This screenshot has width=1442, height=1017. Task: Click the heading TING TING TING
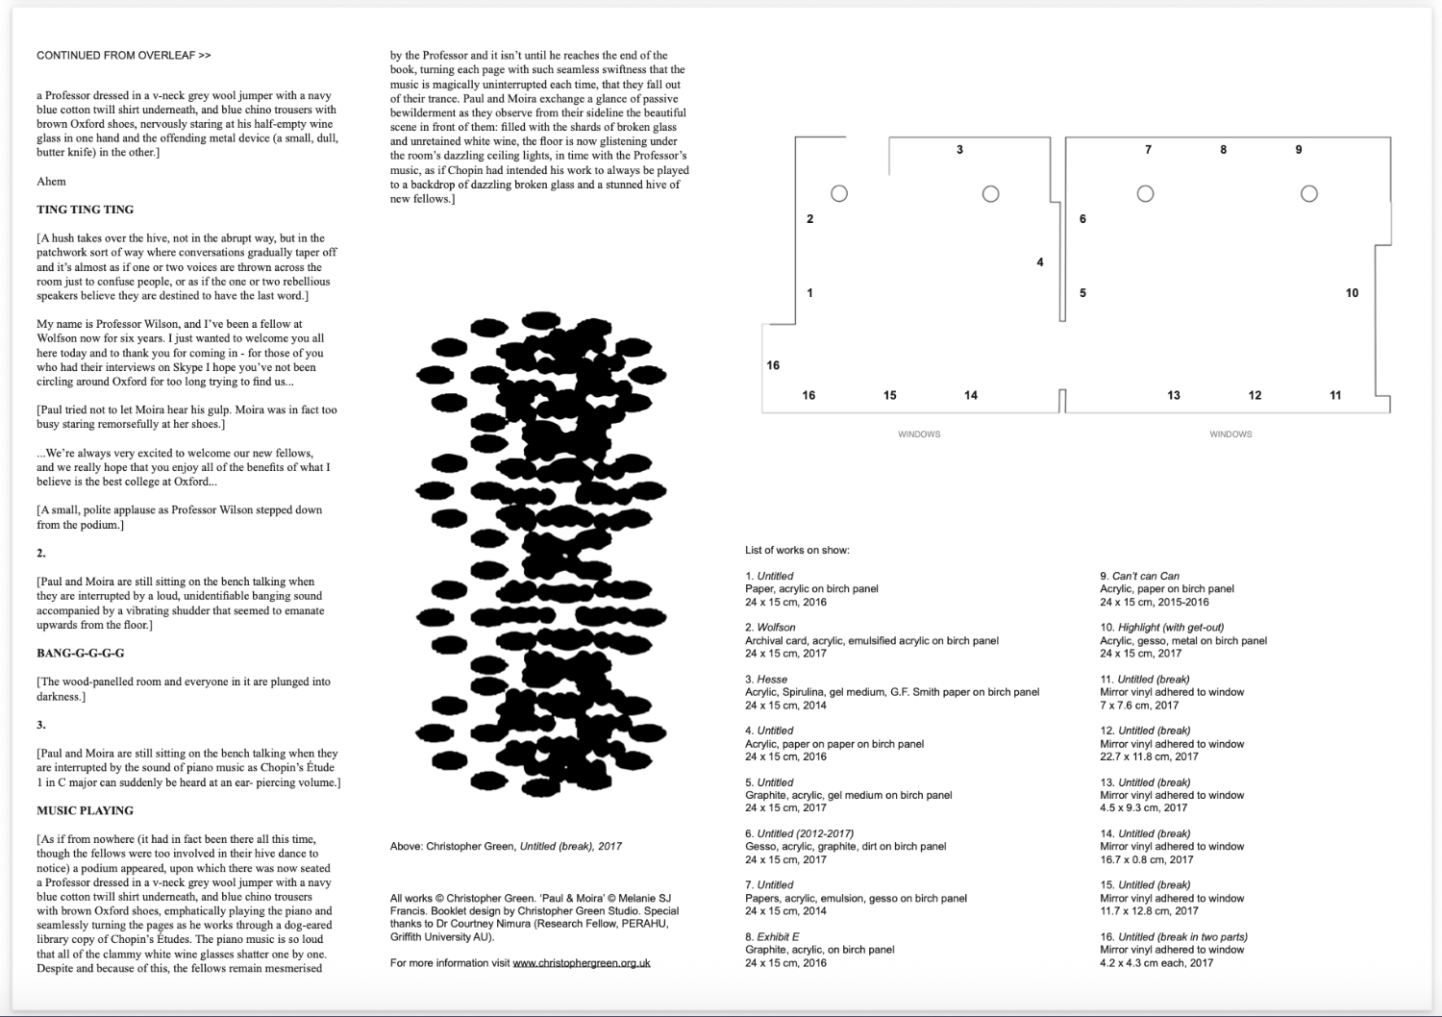pyautogui.click(x=86, y=210)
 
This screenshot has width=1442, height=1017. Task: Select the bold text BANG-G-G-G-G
pyautogui.click(x=81, y=654)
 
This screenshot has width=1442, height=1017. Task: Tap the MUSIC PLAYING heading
pyautogui.click(x=86, y=810)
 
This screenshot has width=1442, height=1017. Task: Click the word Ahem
pyautogui.click(x=51, y=181)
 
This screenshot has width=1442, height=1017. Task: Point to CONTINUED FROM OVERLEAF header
pyautogui.click(x=124, y=56)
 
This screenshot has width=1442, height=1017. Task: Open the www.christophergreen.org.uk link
pyautogui.click(x=582, y=962)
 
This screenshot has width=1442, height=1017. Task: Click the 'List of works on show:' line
pyautogui.click(x=797, y=550)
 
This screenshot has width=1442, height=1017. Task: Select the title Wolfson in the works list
pyautogui.click(x=778, y=628)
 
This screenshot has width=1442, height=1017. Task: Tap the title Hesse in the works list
pyautogui.click(x=773, y=679)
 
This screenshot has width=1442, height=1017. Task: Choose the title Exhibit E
pyautogui.click(x=779, y=936)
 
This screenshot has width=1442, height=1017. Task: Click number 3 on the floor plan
pyautogui.click(x=959, y=150)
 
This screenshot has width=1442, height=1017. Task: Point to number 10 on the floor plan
pyautogui.click(x=1352, y=293)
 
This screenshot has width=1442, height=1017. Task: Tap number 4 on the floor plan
pyautogui.click(x=1040, y=262)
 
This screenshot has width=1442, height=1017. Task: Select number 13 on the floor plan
pyautogui.click(x=1174, y=395)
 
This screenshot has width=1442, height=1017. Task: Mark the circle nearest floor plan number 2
pyautogui.click(x=839, y=194)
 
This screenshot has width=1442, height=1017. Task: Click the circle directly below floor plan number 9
pyautogui.click(x=1308, y=194)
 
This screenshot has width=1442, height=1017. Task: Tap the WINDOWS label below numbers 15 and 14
pyautogui.click(x=919, y=434)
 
